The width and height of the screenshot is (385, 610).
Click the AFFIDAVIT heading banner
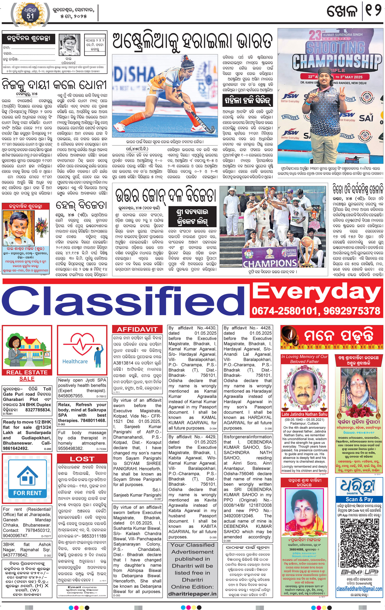(x=137, y=329)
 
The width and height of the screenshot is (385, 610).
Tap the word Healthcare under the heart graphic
(x=75, y=361)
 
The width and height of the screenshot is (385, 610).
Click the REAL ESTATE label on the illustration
(x=27, y=372)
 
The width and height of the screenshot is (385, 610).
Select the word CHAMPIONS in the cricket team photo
(x=270, y=263)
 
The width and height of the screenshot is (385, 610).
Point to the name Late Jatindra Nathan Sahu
(x=304, y=414)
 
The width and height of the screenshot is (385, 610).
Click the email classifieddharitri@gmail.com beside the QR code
(x=359, y=589)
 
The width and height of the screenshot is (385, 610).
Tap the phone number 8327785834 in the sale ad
(x=38, y=410)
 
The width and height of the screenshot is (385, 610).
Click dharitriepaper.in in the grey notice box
(x=192, y=594)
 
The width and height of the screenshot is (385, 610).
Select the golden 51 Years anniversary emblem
(x=30, y=16)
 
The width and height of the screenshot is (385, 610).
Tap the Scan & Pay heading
(x=359, y=499)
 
